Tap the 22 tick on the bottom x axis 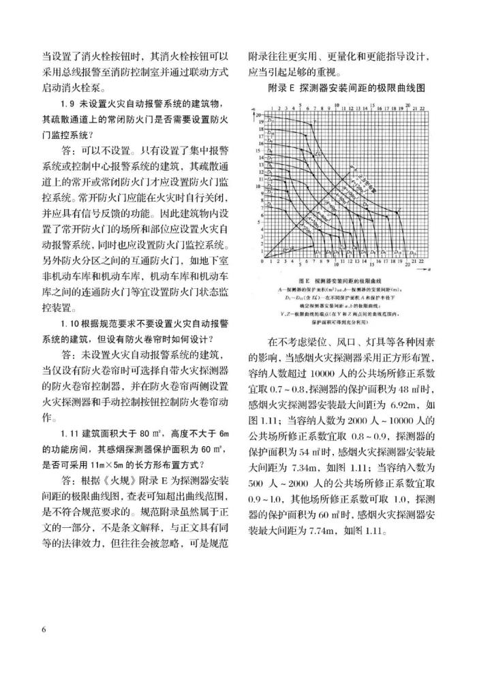tap(428, 262)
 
